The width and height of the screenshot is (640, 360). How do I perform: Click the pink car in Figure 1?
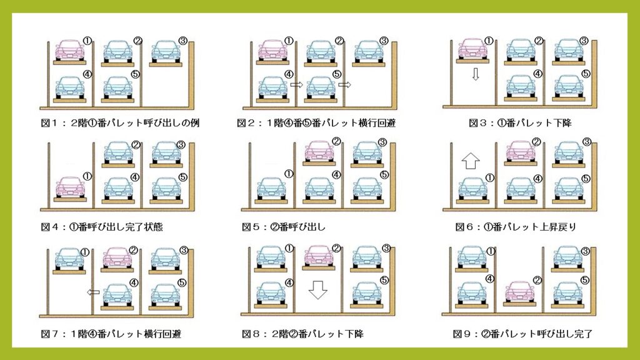click(x=70, y=50)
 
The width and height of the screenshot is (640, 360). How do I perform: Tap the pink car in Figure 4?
click(x=70, y=187)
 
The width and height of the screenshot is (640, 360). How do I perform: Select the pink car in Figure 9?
click(x=519, y=291)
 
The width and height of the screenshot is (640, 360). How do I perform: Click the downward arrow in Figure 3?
click(x=475, y=74)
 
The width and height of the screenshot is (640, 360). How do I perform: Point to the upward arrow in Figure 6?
click(x=470, y=161)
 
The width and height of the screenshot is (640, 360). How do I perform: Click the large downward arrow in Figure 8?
click(x=317, y=290)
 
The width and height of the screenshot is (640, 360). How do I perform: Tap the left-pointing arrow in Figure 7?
click(x=94, y=292)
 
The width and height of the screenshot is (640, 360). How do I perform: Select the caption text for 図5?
click(x=284, y=227)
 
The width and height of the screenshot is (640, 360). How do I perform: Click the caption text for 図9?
click(x=522, y=334)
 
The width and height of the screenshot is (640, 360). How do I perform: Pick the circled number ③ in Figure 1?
click(x=182, y=41)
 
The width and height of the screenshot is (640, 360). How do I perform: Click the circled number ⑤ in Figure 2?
click(x=336, y=74)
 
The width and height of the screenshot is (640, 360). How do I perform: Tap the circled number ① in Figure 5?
click(x=289, y=174)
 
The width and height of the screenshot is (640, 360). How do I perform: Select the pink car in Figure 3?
click(x=472, y=49)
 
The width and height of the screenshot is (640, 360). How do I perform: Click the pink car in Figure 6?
click(x=521, y=151)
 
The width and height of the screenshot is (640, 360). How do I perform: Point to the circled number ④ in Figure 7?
click(x=134, y=282)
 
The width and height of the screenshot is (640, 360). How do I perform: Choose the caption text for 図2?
click(x=316, y=123)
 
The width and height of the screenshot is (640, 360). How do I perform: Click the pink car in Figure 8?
click(x=319, y=256)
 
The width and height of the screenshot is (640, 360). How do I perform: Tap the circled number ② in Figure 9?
click(x=537, y=281)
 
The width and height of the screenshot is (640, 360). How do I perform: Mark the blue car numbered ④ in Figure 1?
click(x=70, y=87)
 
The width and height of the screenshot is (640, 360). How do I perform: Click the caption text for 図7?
click(x=111, y=334)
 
